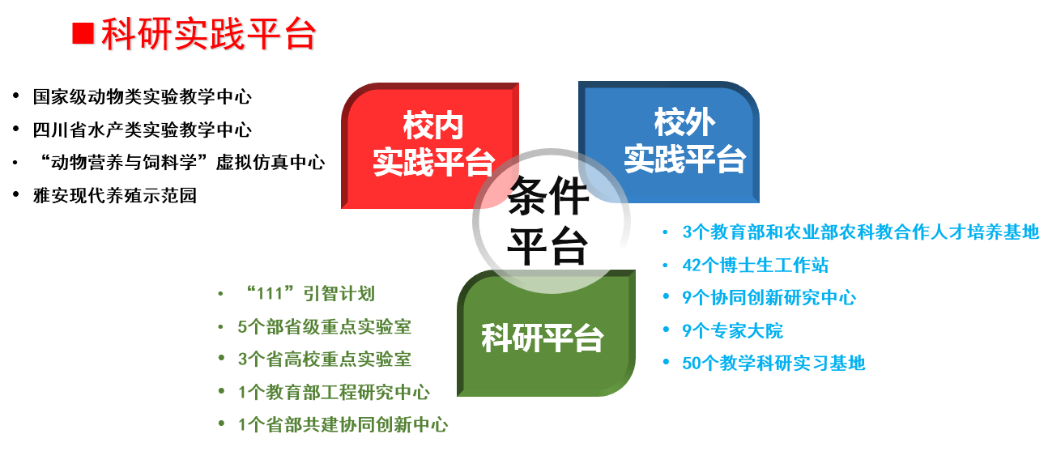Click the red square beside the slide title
pos(83,34)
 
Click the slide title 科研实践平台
pos(209,34)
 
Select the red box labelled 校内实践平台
pos(430,146)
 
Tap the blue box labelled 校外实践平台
pos(669,142)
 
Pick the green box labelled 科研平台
pos(546,333)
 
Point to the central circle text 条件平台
pos(547,220)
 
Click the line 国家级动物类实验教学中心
pos(143,97)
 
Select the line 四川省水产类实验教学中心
pos(143,130)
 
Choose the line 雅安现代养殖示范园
pos(115,195)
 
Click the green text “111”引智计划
pos(309,294)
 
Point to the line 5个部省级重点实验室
pos(324,326)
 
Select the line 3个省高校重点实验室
pos(324,360)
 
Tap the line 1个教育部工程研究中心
pos(334,392)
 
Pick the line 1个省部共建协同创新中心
pos(343,425)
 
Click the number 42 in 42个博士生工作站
pos(692,266)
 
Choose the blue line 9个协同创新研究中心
pos(769,297)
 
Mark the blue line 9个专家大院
pos(733,330)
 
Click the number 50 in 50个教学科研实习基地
pos(692,364)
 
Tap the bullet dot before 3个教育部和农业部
pos(665,232)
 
